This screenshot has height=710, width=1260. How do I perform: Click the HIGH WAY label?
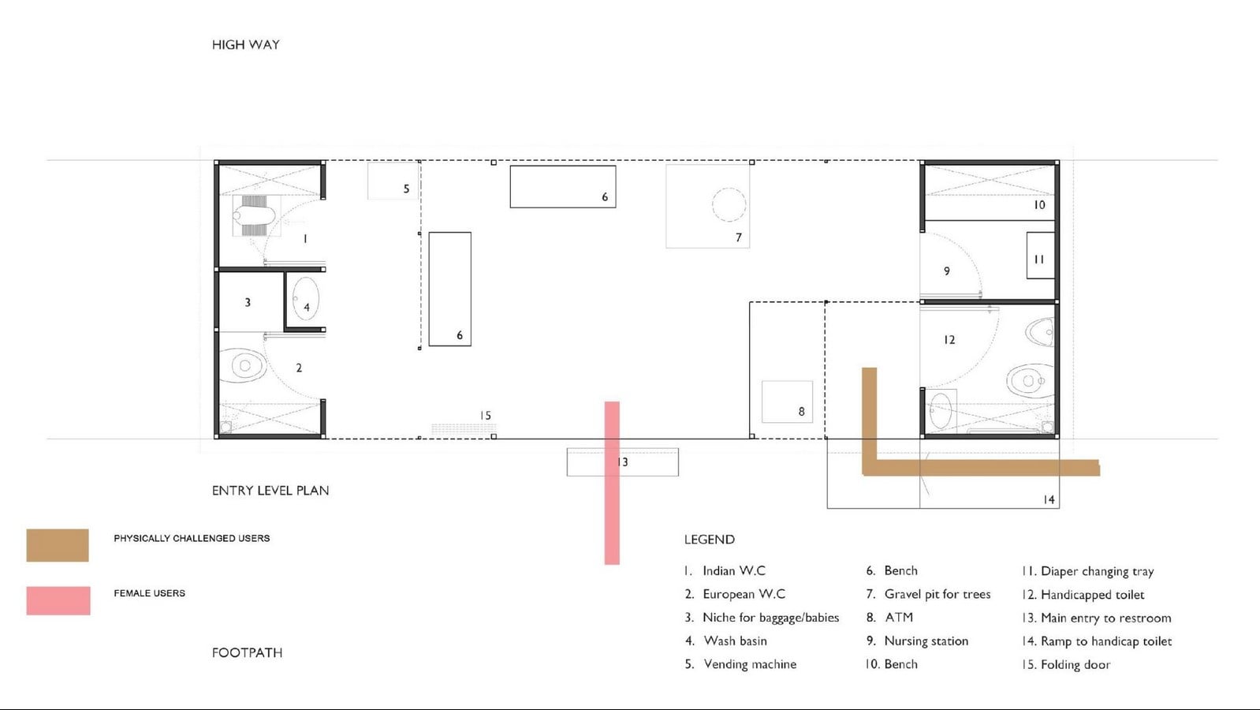[x=246, y=44]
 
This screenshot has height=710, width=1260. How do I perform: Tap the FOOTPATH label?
[x=247, y=652]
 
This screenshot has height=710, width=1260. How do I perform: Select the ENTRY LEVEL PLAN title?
[x=270, y=491]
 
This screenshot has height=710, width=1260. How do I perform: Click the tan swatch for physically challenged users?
[x=58, y=545]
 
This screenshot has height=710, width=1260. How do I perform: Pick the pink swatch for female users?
[x=58, y=600]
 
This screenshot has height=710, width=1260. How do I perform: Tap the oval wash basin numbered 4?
[x=305, y=299]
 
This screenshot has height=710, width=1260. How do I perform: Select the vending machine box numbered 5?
[x=393, y=181]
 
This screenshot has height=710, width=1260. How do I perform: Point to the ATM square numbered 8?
[x=787, y=402]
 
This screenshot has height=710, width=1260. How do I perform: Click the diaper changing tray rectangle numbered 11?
[x=1040, y=256]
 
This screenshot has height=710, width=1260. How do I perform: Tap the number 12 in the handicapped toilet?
[x=949, y=340]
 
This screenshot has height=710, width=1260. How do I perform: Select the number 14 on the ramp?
[x=1049, y=499]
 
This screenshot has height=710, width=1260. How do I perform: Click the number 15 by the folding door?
[x=486, y=415]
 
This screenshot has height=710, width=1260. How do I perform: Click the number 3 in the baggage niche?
[x=248, y=303]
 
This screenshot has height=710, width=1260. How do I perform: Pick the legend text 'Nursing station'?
[x=926, y=641]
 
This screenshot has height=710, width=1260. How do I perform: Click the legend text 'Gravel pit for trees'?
[x=938, y=594]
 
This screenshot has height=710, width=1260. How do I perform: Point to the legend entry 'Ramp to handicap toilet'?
[x=1106, y=641]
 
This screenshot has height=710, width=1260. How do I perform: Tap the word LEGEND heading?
[x=710, y=540]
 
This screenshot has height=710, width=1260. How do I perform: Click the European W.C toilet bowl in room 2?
[x=243, y=366]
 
